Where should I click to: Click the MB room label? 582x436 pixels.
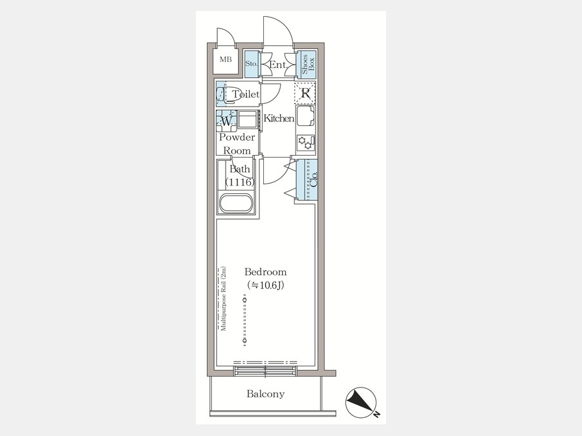tap(225, 59)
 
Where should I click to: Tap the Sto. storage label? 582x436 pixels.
tap(252, 64)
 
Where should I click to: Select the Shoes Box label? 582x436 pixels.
tap(308, 64)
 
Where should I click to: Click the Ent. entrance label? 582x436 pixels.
tap(278, 65)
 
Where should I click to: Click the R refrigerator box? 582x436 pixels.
tap(305, 92)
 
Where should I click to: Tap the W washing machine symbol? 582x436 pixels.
tap(226, 121)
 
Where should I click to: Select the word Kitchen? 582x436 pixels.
tap(279, 118)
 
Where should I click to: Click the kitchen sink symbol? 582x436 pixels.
tap(305, 116)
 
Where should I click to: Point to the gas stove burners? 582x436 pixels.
tap(306, 142)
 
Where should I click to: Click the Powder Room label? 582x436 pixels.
tap(237, 144)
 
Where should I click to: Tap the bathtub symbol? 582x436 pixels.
tap(235, 203)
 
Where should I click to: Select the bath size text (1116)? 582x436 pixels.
tap(240, 182)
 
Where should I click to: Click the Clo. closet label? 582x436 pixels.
tap(314, 180)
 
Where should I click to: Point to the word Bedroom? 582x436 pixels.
tap(265, 272)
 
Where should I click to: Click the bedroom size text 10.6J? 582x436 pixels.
tap(266, 285)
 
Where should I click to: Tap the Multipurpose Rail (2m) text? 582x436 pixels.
tap(223, 299)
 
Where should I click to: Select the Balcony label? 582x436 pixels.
tap(266, 393)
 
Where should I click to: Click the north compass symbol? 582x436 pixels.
tap(361, 402)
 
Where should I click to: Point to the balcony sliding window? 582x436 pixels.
tap(266, 370)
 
